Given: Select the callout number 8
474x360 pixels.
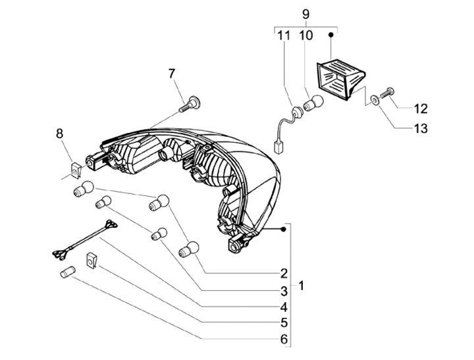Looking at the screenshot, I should point(60,134).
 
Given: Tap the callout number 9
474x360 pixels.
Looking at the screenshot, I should point(305,14).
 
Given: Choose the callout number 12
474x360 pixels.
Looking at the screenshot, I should point(421,109).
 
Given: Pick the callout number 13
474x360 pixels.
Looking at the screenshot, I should point(421,128).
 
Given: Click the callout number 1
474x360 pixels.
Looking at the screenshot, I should point(301,286).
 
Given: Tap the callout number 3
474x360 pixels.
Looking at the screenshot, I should point(284,290).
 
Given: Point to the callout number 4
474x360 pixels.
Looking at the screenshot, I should point(284,307).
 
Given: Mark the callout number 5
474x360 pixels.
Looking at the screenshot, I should point(284,323).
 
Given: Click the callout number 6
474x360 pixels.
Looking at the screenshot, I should point(284,340).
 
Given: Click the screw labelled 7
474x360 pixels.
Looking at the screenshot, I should point(191,102).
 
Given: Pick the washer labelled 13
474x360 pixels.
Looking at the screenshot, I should point(374,100).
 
